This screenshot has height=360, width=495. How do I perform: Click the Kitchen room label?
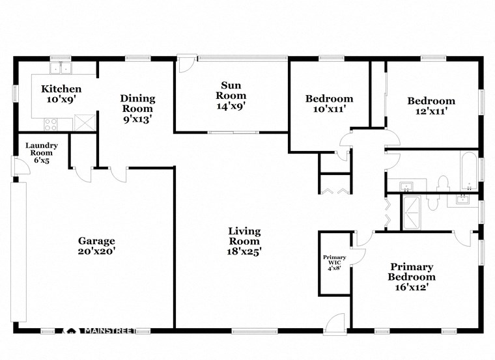[61, 94]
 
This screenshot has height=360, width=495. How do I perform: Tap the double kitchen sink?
[62, 67]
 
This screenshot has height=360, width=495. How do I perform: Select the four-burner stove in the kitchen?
[51, 122]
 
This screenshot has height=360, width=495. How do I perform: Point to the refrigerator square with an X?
[82, 122]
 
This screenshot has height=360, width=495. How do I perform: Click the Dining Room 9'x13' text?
[137, 108]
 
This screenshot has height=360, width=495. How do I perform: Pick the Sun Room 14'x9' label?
[232, 95]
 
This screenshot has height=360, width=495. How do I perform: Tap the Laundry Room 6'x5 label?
[42, 154]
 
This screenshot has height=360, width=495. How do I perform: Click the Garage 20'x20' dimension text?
[97, 245]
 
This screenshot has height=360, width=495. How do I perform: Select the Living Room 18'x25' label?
[244, 241]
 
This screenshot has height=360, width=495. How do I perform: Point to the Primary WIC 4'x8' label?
[334, 262]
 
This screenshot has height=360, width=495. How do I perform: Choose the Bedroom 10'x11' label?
[330, 104]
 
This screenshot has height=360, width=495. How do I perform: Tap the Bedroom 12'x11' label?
[431, 105]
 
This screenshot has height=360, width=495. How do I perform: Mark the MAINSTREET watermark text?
[107, 331]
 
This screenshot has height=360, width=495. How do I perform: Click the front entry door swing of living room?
[335, 323]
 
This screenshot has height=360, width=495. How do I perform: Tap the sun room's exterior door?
[186, 64]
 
